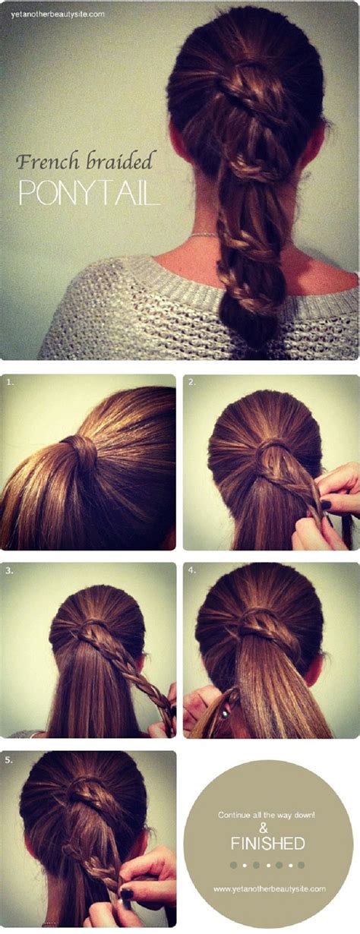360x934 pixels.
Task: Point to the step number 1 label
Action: (10, 383)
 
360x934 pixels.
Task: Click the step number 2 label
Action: (192, 383)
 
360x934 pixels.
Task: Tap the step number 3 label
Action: (10, 570)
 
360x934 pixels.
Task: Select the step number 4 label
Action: (192, 570)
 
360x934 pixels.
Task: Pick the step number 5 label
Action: (10, 759)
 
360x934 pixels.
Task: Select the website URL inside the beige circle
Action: (269, 888)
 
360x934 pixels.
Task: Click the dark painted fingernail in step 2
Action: (326, 504)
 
